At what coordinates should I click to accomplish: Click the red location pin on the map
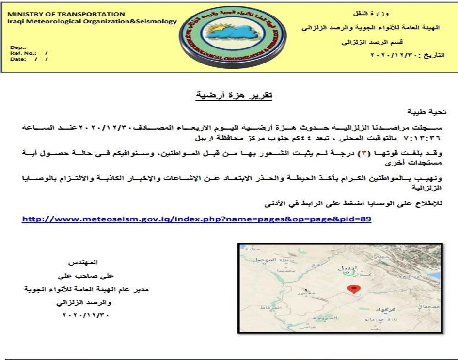click(355, 289)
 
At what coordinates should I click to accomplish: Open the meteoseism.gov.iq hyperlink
click(197, 219)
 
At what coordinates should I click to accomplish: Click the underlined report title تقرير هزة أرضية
click(234, 95)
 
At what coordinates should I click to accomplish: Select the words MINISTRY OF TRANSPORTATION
click(66, 14)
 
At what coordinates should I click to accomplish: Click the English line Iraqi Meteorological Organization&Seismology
click(93, 21)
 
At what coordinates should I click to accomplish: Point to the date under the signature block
click(86, 315)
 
